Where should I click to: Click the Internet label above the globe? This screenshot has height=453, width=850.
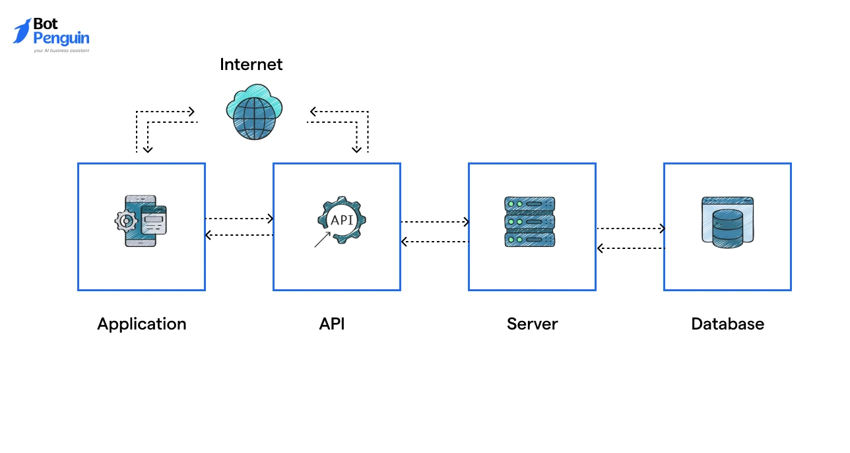[251, 65]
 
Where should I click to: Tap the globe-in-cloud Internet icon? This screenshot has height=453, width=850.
[253, 112]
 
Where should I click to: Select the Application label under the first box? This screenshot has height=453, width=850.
[141, 324]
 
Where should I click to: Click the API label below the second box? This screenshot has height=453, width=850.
[332, 324]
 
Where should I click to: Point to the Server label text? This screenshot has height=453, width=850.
[532, 324]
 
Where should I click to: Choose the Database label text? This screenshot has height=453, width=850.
[727, 324]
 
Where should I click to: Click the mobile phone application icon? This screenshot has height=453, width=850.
[142, 221]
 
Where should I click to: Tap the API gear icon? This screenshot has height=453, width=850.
[342, 220]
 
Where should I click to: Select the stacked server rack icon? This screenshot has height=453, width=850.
[529, 222]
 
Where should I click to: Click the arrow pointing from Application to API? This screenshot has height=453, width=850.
[239, 219]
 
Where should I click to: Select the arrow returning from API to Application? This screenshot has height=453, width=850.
[239, 234]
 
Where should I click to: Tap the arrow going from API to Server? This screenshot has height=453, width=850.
[434, 222]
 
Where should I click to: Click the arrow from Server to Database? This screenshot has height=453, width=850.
[630, 228]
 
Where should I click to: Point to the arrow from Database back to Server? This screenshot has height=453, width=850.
[630, 248]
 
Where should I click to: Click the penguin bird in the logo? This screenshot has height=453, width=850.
[22, 31]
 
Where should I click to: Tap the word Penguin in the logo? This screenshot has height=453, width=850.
[61, 38]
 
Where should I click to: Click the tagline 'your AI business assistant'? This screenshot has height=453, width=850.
[61, 50]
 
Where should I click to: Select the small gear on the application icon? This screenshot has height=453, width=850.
[125, 221]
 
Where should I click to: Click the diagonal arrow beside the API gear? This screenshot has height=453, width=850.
[322, 239]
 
